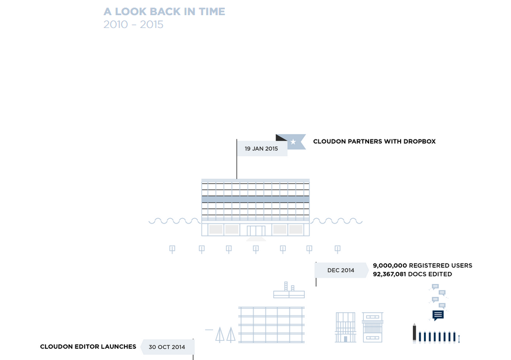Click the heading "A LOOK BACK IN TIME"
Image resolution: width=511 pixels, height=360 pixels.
[164, 12]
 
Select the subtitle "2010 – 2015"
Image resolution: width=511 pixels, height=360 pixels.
[133, 25]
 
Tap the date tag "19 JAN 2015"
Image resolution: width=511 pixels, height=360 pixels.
[262, 148]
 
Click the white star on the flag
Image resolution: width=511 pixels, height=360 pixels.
[293, 142]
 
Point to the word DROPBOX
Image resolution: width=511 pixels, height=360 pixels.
[419, 141]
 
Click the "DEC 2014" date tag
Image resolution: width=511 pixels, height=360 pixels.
[341, 270]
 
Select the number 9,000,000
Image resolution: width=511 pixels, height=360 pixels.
[390, 265]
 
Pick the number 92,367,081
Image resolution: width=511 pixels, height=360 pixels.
[390, 274]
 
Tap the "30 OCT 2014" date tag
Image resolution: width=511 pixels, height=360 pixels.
[167, 347]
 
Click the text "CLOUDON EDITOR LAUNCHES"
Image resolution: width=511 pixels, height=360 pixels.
[88, 347]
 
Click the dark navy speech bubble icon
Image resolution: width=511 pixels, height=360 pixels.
[438, 315]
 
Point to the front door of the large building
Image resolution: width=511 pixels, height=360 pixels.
[256, 230]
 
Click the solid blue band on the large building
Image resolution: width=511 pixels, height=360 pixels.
[256, 199]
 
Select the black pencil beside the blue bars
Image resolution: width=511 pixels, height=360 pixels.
[415, 333]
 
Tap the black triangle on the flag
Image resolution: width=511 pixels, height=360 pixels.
[281, 137]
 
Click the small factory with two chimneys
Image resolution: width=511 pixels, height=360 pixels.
[289, 291]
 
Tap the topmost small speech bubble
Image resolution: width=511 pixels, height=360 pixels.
[435, 286]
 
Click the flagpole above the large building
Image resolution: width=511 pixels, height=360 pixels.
[237, 159]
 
